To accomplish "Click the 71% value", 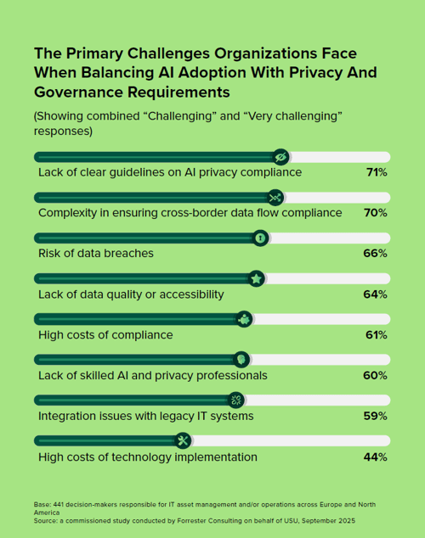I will click(x=376, y=172).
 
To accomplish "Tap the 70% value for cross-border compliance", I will click(x=376, y=213).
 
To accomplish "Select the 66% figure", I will click(x=376, y=254).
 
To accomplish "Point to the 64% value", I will click(x=376, y=294).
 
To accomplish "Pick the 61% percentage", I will click(x=376, y=335).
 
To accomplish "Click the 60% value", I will click(x=376, y=375).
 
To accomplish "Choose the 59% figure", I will click(x=376, y=416).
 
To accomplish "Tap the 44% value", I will click(x=376, y=457).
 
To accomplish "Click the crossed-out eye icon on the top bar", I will click(x=280, y=157).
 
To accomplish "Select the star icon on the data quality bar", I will click(x=256, y=278).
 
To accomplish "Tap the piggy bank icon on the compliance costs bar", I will click(x=244, y=319).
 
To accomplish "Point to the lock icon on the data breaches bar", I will click(x=260, y=238).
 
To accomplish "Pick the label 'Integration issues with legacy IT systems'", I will click(x=145, y=416).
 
